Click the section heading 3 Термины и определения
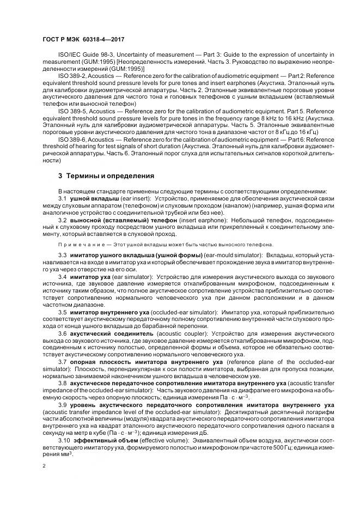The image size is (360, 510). click(106, 176)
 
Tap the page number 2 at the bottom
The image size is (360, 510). click(44, 466)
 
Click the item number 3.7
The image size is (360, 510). click(62, 362)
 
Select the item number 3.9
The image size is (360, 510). click(62, 405)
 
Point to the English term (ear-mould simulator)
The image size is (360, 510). click(231, 256)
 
